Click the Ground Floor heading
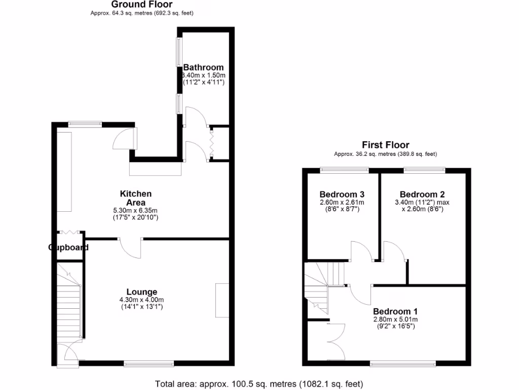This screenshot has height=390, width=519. (x=142, y=5)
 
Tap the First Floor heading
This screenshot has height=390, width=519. (x=385, y=145)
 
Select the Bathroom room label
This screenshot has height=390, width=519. (x=203, y=68)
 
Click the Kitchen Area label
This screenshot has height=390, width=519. (x=135, y=198)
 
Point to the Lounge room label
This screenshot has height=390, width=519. (x=142, y=292)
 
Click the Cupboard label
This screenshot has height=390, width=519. (x=68, y=248)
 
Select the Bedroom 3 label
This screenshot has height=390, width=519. (x=342, y=194)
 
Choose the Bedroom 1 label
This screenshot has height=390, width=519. (x=395, y=311)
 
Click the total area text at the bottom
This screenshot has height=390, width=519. (x=258, y=384)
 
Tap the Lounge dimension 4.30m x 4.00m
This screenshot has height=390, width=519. (x=142, y=300)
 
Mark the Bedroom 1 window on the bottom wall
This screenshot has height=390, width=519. (x=403, y=363)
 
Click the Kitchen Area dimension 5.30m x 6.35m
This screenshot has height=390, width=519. (x=135, y=210)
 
